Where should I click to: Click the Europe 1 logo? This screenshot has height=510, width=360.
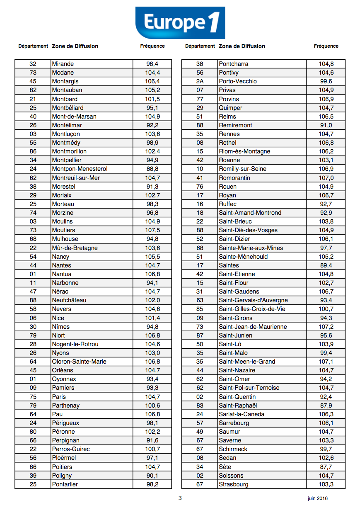pyautogui.click(x=180, y=23)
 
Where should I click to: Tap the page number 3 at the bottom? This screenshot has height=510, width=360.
pyautogui.click(x=180, y=498)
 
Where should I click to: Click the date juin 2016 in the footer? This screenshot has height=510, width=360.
pyautogui.click(x=317, y=498)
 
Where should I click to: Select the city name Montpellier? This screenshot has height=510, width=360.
pyautogui.click(x=67, y=160)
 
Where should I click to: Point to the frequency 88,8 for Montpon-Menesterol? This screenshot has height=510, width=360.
pyautogui.click(x=152, y=169)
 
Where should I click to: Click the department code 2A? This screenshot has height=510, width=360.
pyautogui.click(x=200, y=81)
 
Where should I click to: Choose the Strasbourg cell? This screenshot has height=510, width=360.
pyautogui.click(x=234, y=484)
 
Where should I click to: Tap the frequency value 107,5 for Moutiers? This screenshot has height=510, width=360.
pyautogui.click(x=152, y=230)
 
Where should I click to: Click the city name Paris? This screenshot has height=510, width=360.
pyautogui.click(x=59, y=397)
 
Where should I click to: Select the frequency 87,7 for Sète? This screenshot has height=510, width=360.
pyautogui.click(x=326, y=467)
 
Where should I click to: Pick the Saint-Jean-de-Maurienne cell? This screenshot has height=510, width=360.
pyautogui.click(x=253, y=327)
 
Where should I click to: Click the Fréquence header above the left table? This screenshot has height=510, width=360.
pyautogui.click(x=152, y=46)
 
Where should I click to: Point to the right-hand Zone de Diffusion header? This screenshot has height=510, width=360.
pyautogui.click(x=242, y=46)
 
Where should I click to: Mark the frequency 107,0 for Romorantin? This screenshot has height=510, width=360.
pyautogui.click(x=326, y=178)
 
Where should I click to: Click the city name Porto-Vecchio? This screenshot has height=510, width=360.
pyautogui.click(x=238, y=81)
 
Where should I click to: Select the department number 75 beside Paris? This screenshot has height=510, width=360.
pyautogui.click(x=33, y=397)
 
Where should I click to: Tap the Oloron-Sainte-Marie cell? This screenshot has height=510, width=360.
pyautogui.click(x=79, y=362)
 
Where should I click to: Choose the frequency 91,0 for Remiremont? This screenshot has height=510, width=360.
pyautogui.click(x=326, y=125)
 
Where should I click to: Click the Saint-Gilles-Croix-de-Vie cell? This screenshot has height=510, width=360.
pyautogui.click(x=252, y=309)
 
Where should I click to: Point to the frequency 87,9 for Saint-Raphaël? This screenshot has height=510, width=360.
pyautogui.click(x=326, y=406)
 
